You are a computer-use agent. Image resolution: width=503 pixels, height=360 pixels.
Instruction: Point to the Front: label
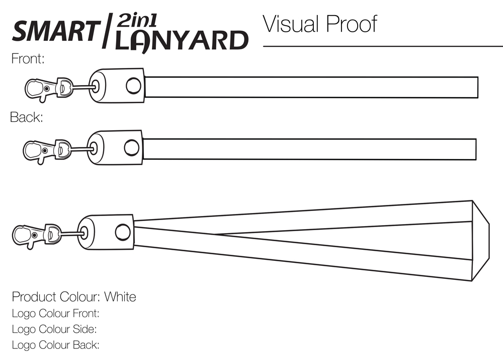click(28, 59)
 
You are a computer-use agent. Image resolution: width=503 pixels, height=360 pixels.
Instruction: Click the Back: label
click(27, 118)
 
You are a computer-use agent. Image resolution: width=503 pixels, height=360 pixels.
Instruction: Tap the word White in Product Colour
click(120, 297)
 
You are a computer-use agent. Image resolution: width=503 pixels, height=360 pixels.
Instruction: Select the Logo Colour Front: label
click(55, 313)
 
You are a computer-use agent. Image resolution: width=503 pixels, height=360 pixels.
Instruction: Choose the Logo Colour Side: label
click(54, 329)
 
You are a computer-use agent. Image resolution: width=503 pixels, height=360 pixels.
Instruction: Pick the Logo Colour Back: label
click(55, 345)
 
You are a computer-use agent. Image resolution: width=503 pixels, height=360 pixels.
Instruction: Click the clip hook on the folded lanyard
click(25, 235)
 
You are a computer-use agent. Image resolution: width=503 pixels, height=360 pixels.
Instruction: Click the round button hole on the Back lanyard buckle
click(131, 148)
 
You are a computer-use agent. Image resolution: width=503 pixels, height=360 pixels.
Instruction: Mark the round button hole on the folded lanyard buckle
click(122, 232)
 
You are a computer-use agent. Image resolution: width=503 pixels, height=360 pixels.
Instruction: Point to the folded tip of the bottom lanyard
click(480, 241)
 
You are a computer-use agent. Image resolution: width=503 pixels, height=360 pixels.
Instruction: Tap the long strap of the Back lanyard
click(309, 149)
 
